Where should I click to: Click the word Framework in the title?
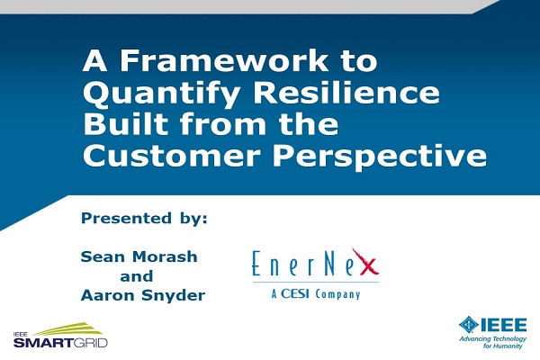223,60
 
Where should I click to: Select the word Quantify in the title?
161,94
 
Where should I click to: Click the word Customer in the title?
172,156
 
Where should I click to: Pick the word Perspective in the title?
380,157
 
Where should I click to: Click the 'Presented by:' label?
144,219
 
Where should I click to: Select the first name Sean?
104,256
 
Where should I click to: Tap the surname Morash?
165,256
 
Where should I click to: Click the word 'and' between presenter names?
137,276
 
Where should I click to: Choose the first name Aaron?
109,295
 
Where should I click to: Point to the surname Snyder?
174,296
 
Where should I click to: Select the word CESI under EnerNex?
295,293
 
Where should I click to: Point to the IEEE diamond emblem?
468,325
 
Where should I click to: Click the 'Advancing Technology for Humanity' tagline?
493,342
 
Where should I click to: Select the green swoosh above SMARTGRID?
69,329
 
